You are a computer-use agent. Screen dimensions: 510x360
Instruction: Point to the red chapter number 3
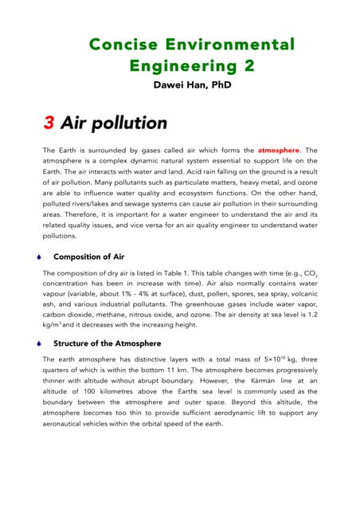click(x=49, y=123)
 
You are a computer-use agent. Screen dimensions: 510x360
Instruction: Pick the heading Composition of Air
click(x=88, y=257)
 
